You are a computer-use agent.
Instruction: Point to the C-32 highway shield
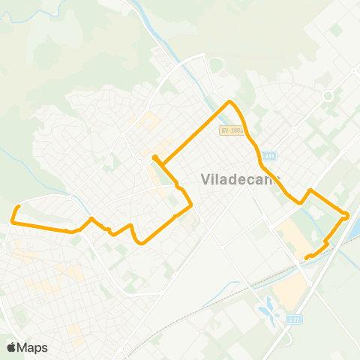click(x=294, y=319)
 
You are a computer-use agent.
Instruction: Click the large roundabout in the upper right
click(x=327, y=96)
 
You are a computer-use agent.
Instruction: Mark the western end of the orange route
click(x=18, y=205)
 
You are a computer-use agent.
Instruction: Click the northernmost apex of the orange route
click(x=230, y=101)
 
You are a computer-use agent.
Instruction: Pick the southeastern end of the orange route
click(x=307, y=258)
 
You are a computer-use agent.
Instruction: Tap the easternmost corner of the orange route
click(x=346, y=216)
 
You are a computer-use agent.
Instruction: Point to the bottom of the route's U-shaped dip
click(x=139, y=242)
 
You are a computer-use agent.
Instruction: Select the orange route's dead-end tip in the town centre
click(x=154, y=157)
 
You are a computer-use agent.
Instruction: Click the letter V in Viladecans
click(x=206, y=180)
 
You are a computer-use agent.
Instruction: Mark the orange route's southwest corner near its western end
click(x=13, y=220)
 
